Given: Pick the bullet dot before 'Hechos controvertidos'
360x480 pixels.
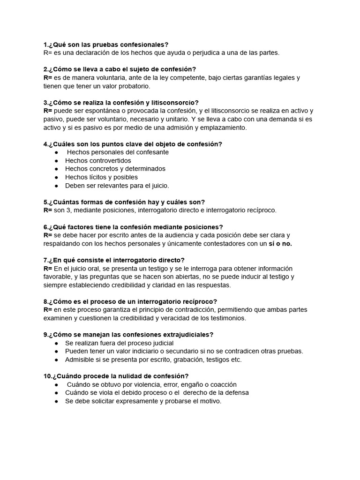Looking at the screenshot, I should coord(57,161).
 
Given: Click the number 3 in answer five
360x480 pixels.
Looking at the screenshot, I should coord(69,210).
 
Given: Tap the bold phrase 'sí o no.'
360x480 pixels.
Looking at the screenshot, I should coord(280,244).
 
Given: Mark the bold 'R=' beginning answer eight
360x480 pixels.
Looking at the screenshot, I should coord(47,310).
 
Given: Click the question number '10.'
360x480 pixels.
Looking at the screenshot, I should coord(48,376).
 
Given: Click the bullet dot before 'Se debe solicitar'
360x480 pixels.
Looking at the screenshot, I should coord(57,401).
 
